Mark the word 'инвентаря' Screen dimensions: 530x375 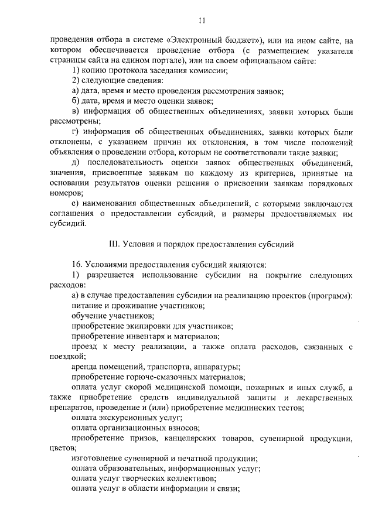141,336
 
